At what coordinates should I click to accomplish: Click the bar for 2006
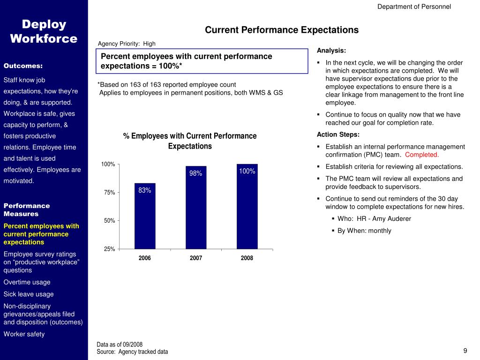(145, 216)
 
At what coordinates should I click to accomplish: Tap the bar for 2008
(247, 206)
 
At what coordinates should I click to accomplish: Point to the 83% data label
(145, 190)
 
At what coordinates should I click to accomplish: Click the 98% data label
(196, 173)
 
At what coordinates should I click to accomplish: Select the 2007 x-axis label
(196, 258)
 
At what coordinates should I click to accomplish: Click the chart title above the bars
(190, 141)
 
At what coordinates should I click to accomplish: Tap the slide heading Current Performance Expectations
(282, 30)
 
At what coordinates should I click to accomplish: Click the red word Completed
(422, 155)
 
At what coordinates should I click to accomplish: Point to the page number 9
(465, 351)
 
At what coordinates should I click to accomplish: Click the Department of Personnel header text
(414, 7)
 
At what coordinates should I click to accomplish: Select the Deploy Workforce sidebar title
(44, 31)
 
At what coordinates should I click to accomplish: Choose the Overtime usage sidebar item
(27, 282)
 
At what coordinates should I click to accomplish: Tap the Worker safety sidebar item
(24, 334)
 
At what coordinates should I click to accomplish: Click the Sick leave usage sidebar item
(29, 294)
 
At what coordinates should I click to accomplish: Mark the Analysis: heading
(331, 51)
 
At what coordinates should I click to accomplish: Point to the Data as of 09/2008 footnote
(120, 345)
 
